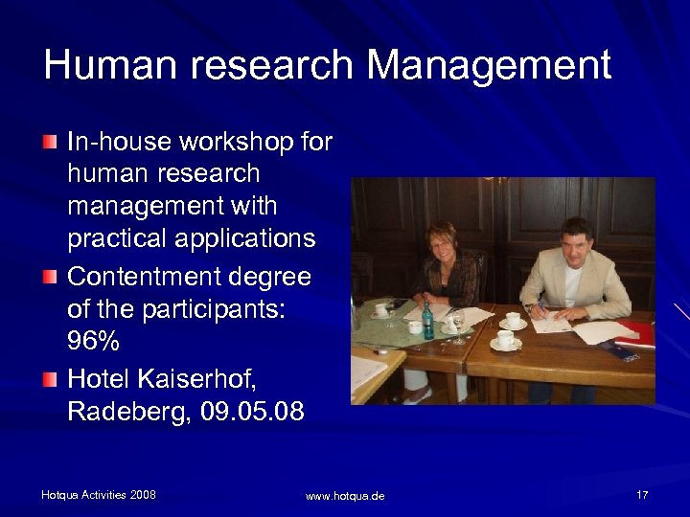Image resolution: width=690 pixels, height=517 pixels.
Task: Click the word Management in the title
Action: click(x=490, y=66)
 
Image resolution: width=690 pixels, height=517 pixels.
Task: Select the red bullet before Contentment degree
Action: click(x=49, y=278)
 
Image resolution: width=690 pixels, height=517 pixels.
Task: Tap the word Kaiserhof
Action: click(x=196, y=380)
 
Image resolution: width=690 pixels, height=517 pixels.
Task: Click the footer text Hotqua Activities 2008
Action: click(x=98, y=495)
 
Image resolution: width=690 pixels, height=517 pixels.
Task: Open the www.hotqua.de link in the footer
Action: click(x=345, y=496)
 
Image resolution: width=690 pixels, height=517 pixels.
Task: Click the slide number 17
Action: click(x=642, y=495)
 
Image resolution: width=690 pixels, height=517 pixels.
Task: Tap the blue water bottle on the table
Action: click(x=428, y=320)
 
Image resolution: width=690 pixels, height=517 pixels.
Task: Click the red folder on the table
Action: click(x=636, y=334)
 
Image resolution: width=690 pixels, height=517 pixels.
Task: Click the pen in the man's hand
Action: click(x=531, y=308)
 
